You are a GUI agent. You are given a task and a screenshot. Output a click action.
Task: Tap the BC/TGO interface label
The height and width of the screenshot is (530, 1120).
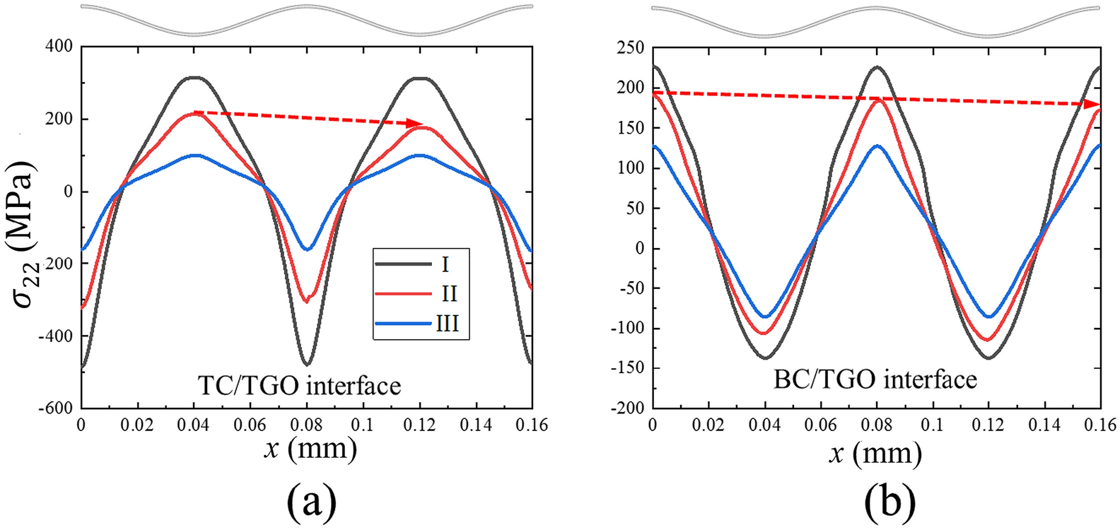tap(875, 379)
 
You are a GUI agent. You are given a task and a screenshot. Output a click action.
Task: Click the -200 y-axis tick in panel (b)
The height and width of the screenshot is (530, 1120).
tap(626, 408)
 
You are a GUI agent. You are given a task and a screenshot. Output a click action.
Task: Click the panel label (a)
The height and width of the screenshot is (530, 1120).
tap(310, 502)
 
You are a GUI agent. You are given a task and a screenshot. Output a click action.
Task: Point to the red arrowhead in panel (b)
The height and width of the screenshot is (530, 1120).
tap(1094, 104)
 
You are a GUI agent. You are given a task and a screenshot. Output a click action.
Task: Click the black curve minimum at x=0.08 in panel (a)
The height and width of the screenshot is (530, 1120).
tap(307, 364)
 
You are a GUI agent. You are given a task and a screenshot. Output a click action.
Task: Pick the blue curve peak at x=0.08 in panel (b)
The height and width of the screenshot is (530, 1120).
tap(877, 146)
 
